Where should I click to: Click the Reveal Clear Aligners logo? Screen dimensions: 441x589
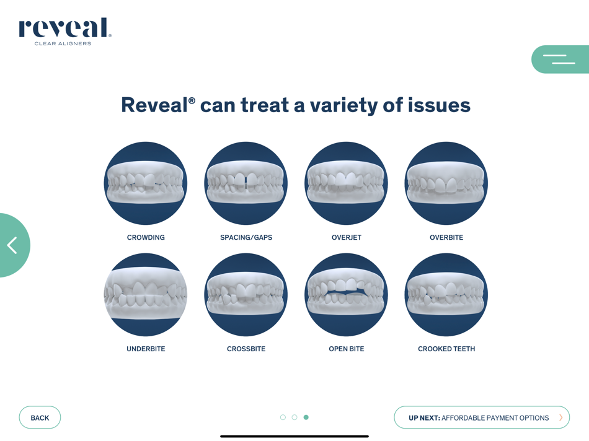pyautogui.click(x=65, y=31)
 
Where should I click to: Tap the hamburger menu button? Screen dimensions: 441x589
pyautogui.click(x=560, y=59)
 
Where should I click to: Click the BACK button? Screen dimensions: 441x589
pyautogui.click(x=40, y=417)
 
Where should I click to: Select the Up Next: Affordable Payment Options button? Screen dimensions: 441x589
pyautogui.click(x=482, y=417)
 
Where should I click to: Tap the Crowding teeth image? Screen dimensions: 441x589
pyautogui.click(x=146, y=183)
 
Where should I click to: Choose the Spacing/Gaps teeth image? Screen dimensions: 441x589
pyautogui.click(x=246, y=183)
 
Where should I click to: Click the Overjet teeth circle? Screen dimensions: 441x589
pyautogui.click(x=346, y=183)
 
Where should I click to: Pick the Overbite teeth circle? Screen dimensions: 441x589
pyautogui.click(x=446, y=183)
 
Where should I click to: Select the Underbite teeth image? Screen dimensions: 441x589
pyautogui.click(x=146, y=295)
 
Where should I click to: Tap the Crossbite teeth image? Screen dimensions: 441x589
pyautogui.click(x=246, y=295)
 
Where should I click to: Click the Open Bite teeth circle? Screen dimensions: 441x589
pyautogui.click(x=346, y=295)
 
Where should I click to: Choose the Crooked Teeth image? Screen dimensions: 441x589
pyautogui.click(x=446, y=295)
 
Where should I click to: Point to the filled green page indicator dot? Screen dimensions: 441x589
pyautogui.click(x=306, y=417)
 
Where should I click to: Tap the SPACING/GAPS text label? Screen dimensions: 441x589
pyautogui.click(x=246, y=237)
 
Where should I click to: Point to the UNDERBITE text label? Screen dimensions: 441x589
pyautogui.click(x=146, y=349)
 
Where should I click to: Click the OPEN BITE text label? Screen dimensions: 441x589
pyautogui.click(x=347, y=349)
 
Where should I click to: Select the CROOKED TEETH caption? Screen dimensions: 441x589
pyautogui.click(x=446, y=349)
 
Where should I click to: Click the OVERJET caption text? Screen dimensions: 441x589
pyautogui.click(x=347, y=237)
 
